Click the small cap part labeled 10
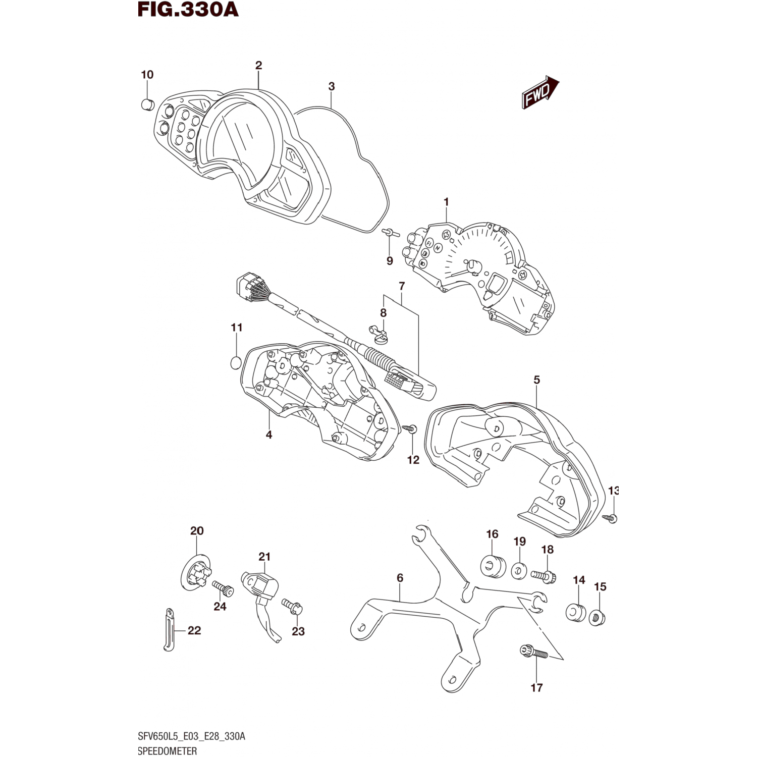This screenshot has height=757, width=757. [x=147, y=104]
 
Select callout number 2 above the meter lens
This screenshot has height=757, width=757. [x=258, y=65]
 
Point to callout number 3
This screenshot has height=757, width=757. [x=331, y=86]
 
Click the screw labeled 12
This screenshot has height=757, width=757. [x=409, y=428]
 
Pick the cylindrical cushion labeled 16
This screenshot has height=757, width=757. [x=493, y=566]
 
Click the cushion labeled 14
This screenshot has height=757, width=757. [x=575, y=612]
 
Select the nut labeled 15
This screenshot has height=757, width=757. [x=597, y=617]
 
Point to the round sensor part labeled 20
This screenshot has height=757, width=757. [x=195, y=574]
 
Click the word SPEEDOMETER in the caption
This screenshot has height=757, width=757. [x=167, y=750]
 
